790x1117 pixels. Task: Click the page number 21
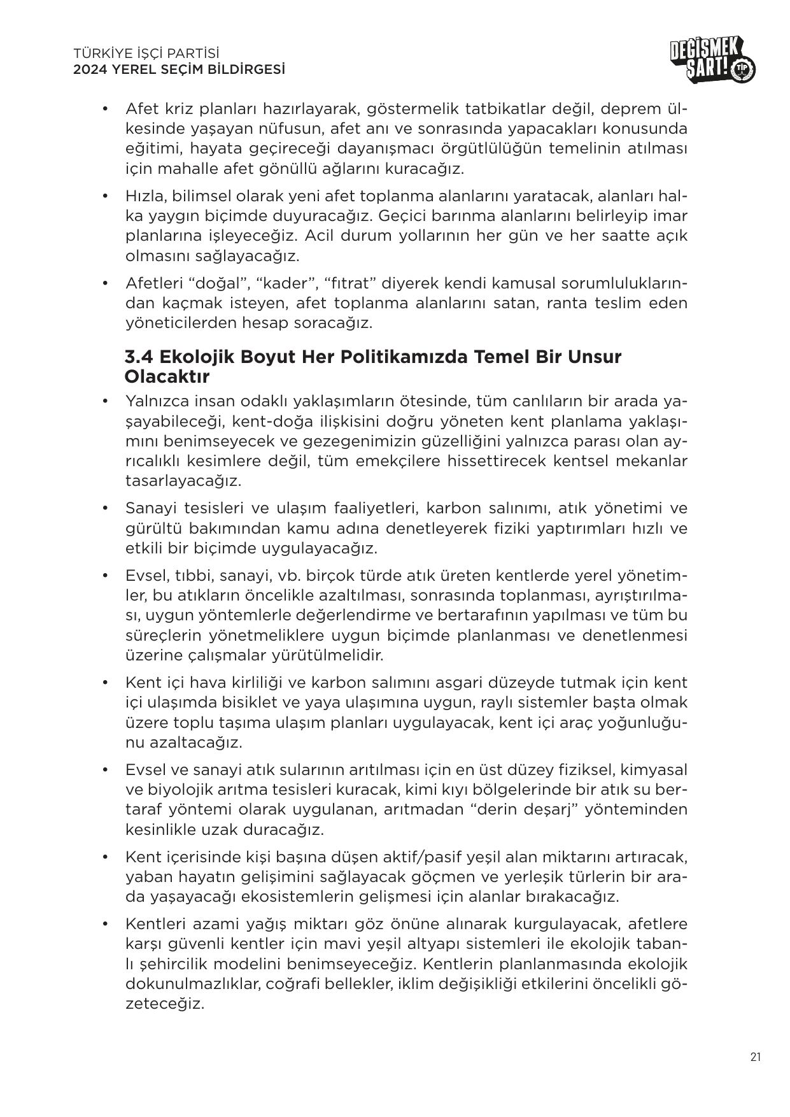[x=756, y=1057]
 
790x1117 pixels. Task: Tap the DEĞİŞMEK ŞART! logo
[x=712, y=61]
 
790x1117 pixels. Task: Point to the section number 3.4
[x=140, y=357]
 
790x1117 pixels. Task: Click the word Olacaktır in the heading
[x=167, y=376]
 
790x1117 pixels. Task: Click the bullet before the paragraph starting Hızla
[x=106, y=196]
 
